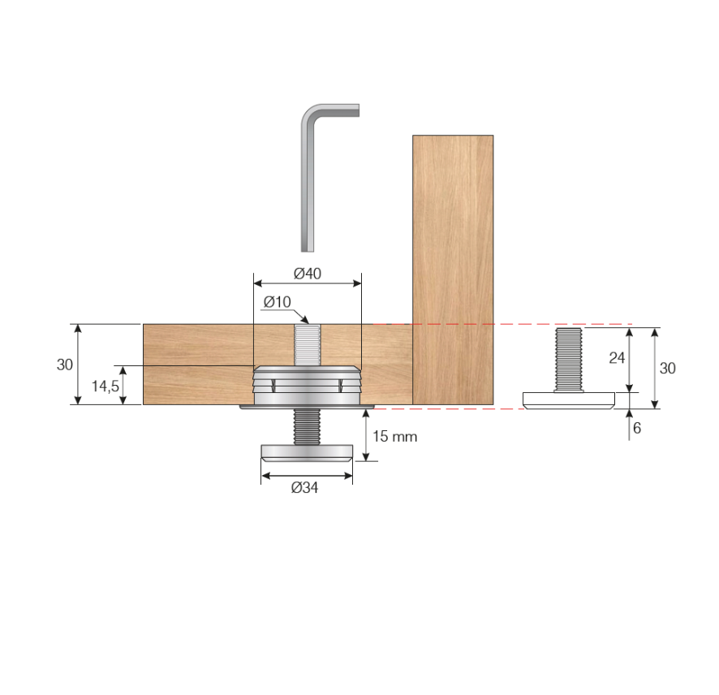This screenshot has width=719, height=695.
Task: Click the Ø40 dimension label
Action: coord(308,274)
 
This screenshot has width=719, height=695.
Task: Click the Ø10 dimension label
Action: coord(277,302)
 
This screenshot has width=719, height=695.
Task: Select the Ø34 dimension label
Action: coord(306,488)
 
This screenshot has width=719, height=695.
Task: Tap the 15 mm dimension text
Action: coord(394,436)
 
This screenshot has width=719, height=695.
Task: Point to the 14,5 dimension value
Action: coord(104,386)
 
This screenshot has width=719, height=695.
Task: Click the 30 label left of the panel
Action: coord(65,365)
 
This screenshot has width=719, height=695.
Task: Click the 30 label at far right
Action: coord(667,368)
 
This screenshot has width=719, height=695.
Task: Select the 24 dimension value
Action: coord(617,358)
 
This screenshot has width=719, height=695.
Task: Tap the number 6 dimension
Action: coord(637,428)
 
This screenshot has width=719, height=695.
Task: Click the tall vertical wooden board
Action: coord(453,268)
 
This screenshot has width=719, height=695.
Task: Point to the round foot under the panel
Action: coord(306,452)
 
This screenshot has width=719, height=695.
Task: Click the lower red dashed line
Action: coord(454,408)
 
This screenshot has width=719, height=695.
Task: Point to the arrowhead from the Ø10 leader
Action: coord(304,319)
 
